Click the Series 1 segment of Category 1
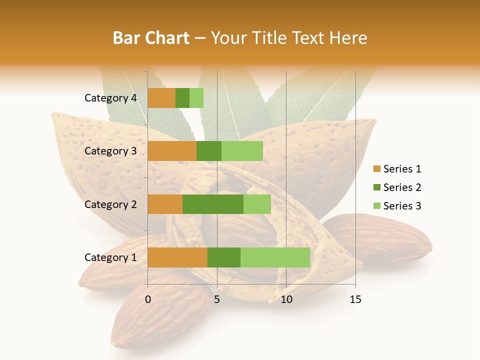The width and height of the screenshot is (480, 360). point(177,257)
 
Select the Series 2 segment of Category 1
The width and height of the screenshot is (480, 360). point(224,257)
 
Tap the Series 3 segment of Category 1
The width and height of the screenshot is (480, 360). point(275,257)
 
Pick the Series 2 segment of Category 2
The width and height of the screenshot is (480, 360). point(213,204)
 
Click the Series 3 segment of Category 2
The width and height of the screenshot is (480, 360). point(257,204)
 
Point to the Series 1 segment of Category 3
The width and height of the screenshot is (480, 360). point(172,151)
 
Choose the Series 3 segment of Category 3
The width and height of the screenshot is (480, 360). point(242,151)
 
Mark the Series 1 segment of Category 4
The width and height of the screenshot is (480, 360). point(161,98)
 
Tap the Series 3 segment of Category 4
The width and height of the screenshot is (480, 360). point(196,98)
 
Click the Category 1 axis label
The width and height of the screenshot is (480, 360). point(110,257)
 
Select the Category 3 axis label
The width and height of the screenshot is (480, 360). point(110,151)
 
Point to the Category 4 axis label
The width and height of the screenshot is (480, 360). point(110,98)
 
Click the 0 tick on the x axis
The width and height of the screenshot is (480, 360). point(148,299)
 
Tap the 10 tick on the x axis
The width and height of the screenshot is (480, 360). point(286,299)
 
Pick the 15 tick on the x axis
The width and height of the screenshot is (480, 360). point(355,299)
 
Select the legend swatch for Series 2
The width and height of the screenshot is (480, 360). point(377,187)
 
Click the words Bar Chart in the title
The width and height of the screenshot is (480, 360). point(150,38)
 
